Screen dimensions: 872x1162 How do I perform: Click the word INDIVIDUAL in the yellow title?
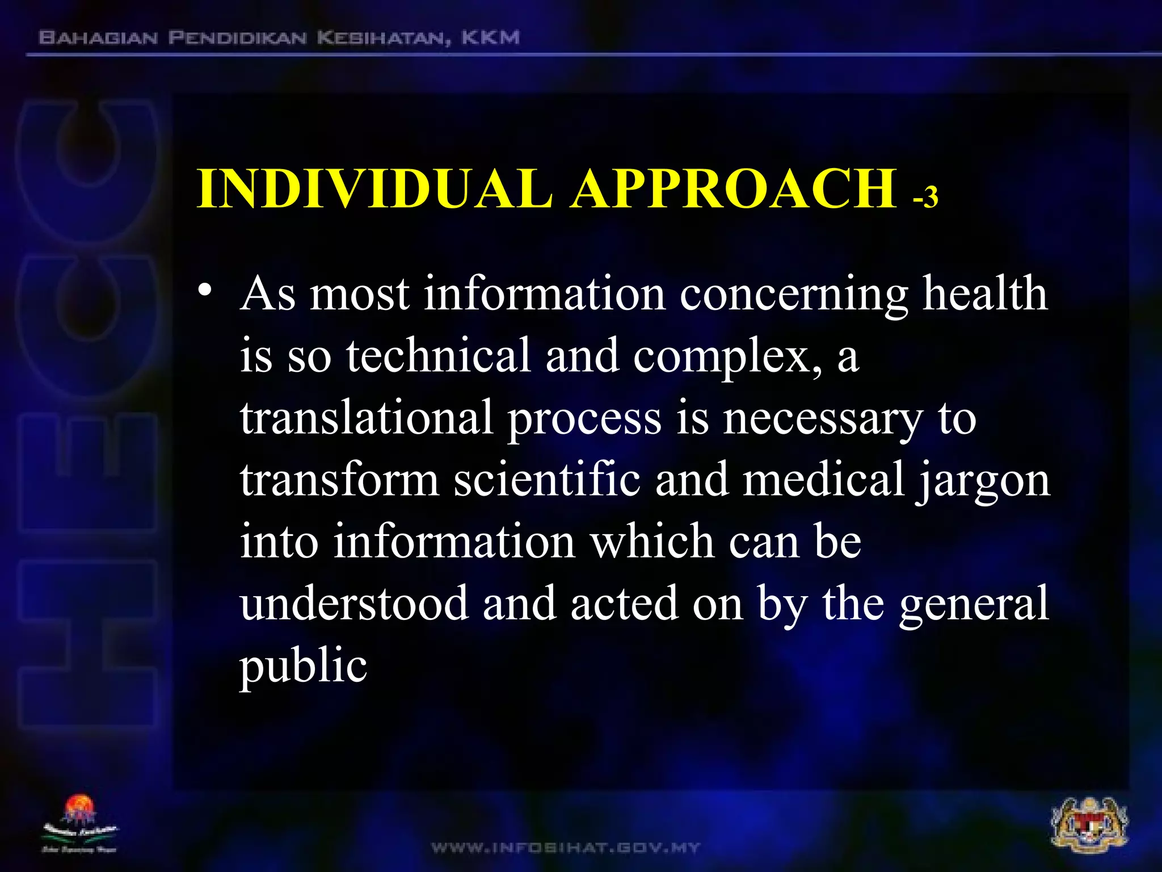pyautogui.click(x=374, y=189)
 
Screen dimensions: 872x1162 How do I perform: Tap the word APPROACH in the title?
pyautogui.click(x=734, y=189)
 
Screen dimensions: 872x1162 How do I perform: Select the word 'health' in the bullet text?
pyautogui.click(x=984, y=294)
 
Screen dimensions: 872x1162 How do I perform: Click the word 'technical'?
pyautogui.click(x=438, y=356)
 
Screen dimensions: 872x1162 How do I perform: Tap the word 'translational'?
pyautogui.click(x=366, y=418)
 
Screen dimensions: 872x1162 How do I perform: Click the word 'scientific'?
pyautogui.click(x=547, y=480)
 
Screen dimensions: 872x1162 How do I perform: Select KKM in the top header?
pyautogui.click(x=490, y=37)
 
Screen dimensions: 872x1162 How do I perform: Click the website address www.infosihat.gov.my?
pyautogui.click(x=566, y=848)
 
